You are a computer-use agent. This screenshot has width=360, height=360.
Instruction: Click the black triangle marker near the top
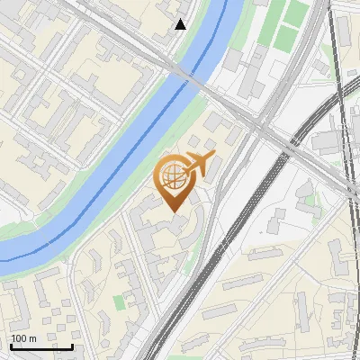point(181,24)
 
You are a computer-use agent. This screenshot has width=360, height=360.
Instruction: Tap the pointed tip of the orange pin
point(174,211)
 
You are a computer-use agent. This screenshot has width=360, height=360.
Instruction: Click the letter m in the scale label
point(33,338)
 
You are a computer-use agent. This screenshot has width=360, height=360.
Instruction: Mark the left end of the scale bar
point(10,346)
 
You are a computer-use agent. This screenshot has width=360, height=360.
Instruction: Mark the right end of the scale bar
point(72,346)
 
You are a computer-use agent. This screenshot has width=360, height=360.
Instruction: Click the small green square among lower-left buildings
point(119,301)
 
